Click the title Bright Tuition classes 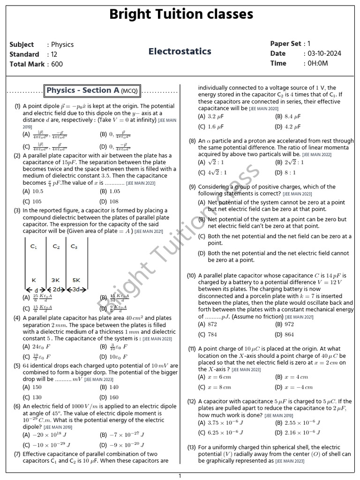[x=180, y=15]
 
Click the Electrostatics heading [x=180, y=52]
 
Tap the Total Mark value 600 [x=57, y=64]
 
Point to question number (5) [x=17, y=366]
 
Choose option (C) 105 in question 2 [x=32, y=201]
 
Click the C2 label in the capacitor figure [x=56, y=246]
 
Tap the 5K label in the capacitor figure [x=75, y=280]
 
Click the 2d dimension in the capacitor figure [x=57, y=290]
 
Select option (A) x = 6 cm [x=214, y=377]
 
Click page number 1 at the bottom [x=180, y=476]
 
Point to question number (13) [x=192, y=447]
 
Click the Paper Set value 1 [x=308, y=44]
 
